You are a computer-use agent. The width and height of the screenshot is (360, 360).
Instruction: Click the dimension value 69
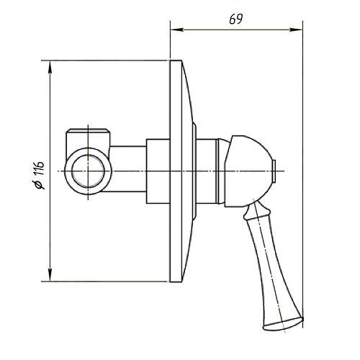236,19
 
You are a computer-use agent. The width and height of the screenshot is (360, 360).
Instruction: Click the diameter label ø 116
40,175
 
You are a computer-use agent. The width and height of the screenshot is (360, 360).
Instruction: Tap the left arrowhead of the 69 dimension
177,30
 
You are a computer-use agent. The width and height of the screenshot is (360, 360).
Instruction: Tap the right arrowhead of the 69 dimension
296,30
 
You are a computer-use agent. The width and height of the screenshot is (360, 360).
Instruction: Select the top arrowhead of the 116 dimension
50,67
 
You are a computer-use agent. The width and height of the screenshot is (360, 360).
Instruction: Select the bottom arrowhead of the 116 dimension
50,275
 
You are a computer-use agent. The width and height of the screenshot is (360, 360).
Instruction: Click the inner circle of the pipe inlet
88,171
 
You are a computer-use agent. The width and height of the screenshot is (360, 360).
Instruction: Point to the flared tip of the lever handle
283,324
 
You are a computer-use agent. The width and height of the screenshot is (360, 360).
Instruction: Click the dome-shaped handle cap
250,171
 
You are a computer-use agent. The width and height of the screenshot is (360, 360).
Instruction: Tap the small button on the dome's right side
274,171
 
